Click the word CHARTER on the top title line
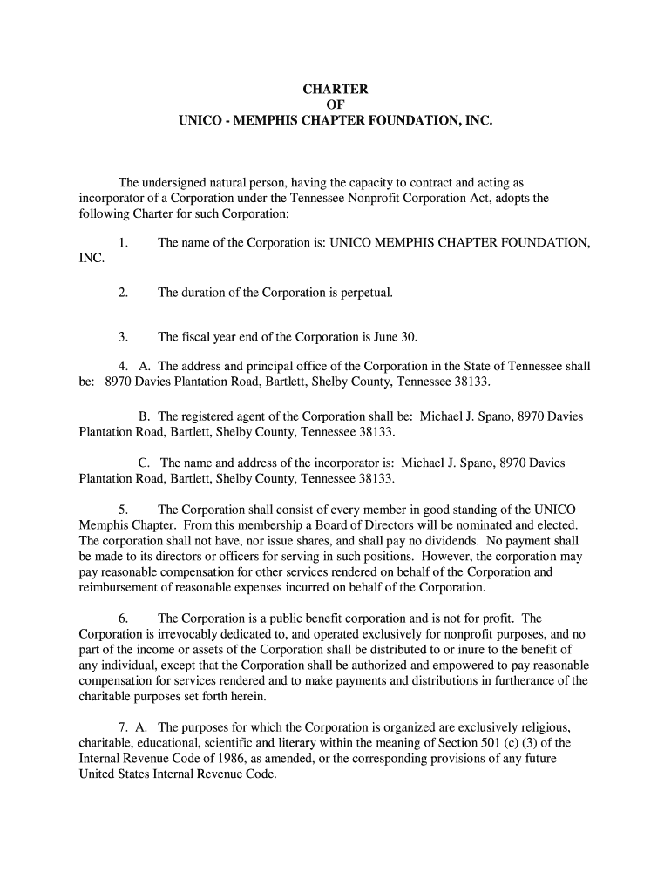tap(335, 90)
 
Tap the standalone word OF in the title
tap(335, 105)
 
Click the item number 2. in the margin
tap(124, 293)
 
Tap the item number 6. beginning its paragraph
tap(124, 618)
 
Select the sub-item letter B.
tap(144, 416)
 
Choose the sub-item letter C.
tap(144, 463)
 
